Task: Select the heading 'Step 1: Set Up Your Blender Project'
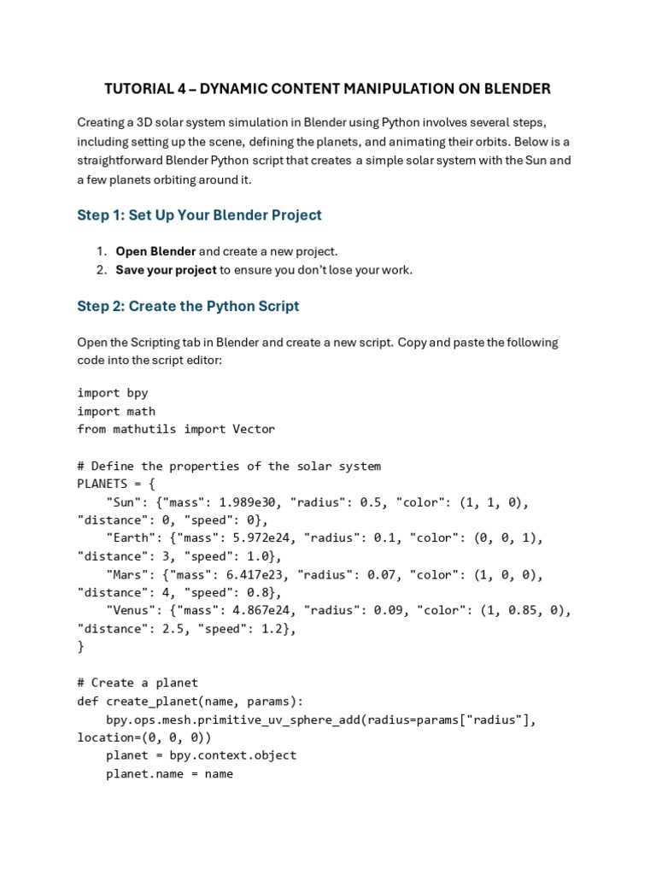click(199, 215)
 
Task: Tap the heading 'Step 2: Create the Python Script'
click(188, 306)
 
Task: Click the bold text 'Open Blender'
click(155, 251)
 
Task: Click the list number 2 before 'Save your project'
click(101, 270)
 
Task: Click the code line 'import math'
click(116, 411)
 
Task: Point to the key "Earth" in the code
click(130, 538)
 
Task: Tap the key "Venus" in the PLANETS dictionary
click(130, 610)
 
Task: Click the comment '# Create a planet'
click(138, 683)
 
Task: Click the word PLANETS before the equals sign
click(102, 484)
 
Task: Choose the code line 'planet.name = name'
click(169, 774)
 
